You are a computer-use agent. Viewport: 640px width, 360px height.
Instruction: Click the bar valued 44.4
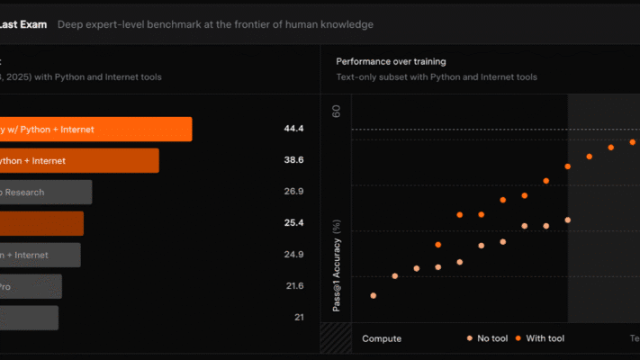[95, 129]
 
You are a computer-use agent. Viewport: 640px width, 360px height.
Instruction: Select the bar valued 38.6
[78, 160]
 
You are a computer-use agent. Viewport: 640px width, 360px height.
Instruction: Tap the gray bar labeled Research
[45, 192]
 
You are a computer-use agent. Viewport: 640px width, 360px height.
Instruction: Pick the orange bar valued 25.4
[41, 223]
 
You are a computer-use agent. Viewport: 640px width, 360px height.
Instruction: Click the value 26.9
[293, 192]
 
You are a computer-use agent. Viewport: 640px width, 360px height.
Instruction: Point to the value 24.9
[293, 255]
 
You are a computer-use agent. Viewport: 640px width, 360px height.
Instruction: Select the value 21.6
[293, 286]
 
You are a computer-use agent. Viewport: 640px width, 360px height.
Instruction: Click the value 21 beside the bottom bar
[298, 318]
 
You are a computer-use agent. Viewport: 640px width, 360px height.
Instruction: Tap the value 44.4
[293, 129]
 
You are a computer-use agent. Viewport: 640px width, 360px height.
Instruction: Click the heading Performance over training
[391, 61]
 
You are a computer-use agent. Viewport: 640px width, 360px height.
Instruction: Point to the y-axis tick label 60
[336, 112]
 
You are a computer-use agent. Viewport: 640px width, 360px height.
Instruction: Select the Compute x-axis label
[382, 338]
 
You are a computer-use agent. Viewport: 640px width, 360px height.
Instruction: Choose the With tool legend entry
[541, 338]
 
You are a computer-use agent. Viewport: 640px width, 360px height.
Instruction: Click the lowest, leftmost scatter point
[374, 295]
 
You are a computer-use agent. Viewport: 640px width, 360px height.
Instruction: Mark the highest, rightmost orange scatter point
[633, 142]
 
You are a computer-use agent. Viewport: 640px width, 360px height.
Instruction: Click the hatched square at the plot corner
[335, 338]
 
